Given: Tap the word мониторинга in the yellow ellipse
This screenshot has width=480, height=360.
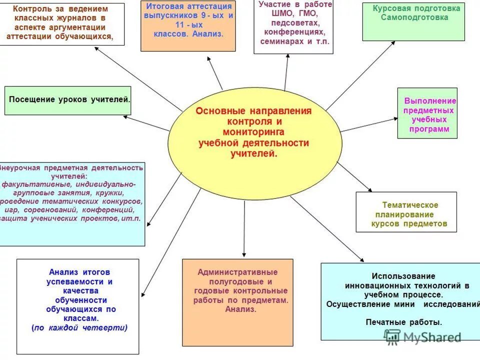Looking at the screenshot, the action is coord(253,132).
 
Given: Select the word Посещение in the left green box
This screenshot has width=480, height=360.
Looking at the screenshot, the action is coord(31,99).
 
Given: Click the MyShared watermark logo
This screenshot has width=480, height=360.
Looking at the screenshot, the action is coord(422,337).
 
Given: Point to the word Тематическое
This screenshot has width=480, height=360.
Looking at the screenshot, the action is coord(410,205).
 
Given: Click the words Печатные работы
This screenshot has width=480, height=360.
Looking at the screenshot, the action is coord(403,322).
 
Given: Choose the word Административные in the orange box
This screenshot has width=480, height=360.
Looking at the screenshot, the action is coord(237,272).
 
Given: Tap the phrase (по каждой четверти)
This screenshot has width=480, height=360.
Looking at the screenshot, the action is coord(79,328).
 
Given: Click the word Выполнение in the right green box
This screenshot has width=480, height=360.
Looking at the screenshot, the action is coord(430,101).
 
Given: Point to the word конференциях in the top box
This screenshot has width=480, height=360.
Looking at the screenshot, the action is coord(293,32).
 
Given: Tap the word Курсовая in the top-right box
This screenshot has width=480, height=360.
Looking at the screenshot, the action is coord(389,8).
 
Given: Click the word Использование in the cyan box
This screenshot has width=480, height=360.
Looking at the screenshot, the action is coord(403,276).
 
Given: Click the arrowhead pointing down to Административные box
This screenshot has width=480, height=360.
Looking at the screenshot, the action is coord(244,254).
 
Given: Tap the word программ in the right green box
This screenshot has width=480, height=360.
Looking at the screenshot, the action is coord(429,129).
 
